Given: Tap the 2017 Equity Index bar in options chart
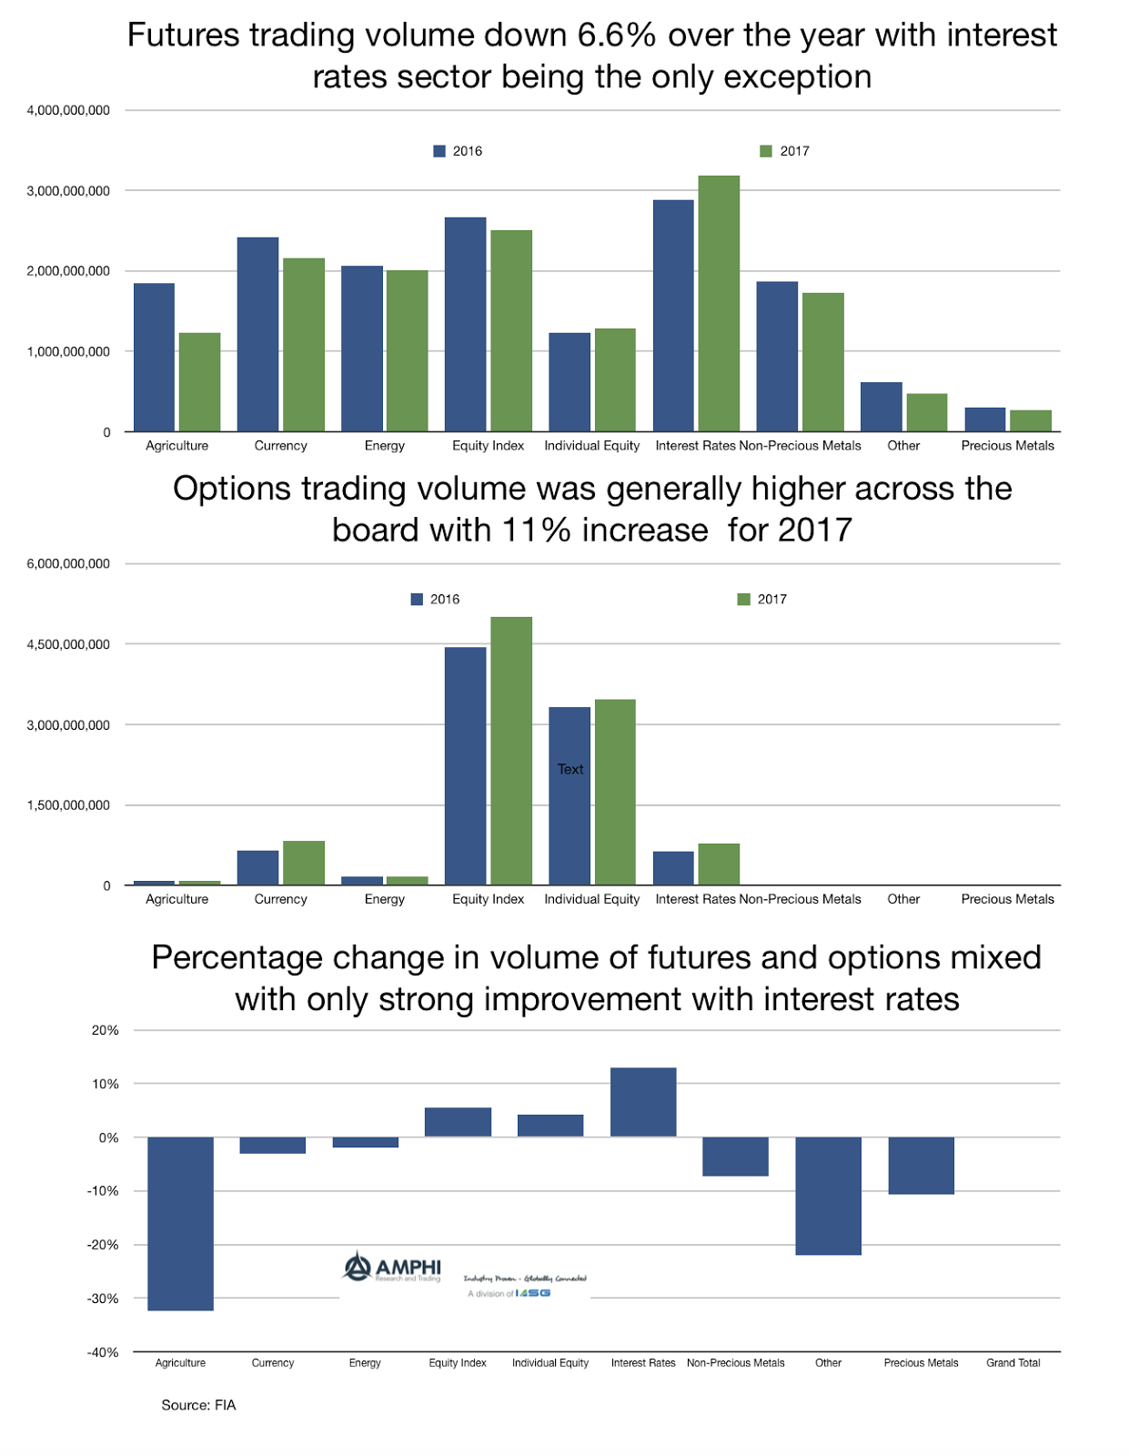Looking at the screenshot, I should tap(511, 751).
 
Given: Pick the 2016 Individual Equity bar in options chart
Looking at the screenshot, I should tap(570, 819).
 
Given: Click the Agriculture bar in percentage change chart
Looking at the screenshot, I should tap(180, 1223).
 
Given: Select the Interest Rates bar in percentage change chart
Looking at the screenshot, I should tap(643, 1102).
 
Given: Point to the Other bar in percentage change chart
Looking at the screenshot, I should tap(828, 1196).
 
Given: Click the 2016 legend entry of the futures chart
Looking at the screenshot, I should tap(459, 151).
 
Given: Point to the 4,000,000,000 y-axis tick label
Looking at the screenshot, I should tap(68, 110).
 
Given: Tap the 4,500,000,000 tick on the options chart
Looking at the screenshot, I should tap(68, 644).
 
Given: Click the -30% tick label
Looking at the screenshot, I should tap(103, 1299).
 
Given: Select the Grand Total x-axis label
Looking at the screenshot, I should tap(1013, 1362).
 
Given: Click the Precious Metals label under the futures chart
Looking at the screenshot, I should tap(1007, 445).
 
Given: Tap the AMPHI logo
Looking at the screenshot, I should tap(393, 1267).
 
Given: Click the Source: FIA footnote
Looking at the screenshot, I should tap(198, 1405).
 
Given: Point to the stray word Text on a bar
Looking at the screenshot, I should tap(570, 769).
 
